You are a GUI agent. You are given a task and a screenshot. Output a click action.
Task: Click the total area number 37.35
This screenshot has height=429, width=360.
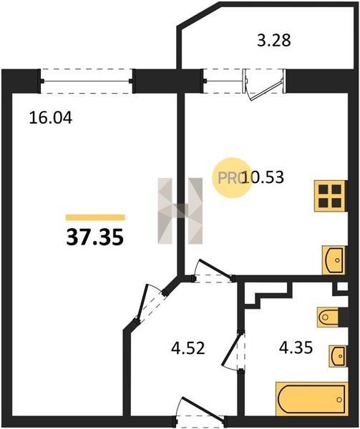pos(95,237)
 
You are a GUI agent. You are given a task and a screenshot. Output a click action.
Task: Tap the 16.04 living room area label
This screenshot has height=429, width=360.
pos(51,118)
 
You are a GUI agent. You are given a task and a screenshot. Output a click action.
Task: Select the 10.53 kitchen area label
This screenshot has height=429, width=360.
pos(263,177)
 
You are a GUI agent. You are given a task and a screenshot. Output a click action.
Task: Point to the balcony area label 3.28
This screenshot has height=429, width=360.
pos(274,41)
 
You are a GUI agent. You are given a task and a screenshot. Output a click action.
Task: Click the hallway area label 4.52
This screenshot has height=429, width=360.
pos(188,349)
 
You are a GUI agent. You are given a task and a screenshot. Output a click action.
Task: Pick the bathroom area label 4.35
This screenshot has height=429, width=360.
pos(296,347)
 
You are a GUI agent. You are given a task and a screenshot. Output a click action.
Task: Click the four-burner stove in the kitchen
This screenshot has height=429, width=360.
pos(331,196)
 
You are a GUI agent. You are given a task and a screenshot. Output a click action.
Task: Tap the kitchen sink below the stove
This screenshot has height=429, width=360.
pos(334,260)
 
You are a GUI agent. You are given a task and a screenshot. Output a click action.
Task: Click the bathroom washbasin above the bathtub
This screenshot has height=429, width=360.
pos(337,356)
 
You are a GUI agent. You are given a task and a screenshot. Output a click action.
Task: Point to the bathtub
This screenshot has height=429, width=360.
pos(311,399)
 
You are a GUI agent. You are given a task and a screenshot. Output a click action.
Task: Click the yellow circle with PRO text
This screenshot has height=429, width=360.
pos(232,178)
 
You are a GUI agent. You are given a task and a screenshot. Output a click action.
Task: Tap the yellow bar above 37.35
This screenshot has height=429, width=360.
pos(95,217)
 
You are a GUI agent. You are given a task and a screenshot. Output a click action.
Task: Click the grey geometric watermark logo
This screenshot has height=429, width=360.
pos(180,211)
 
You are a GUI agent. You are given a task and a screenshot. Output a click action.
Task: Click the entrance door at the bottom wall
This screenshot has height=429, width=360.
pos(200,413)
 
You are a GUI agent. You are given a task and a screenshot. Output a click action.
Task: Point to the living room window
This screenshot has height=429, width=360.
pos(87,81)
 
